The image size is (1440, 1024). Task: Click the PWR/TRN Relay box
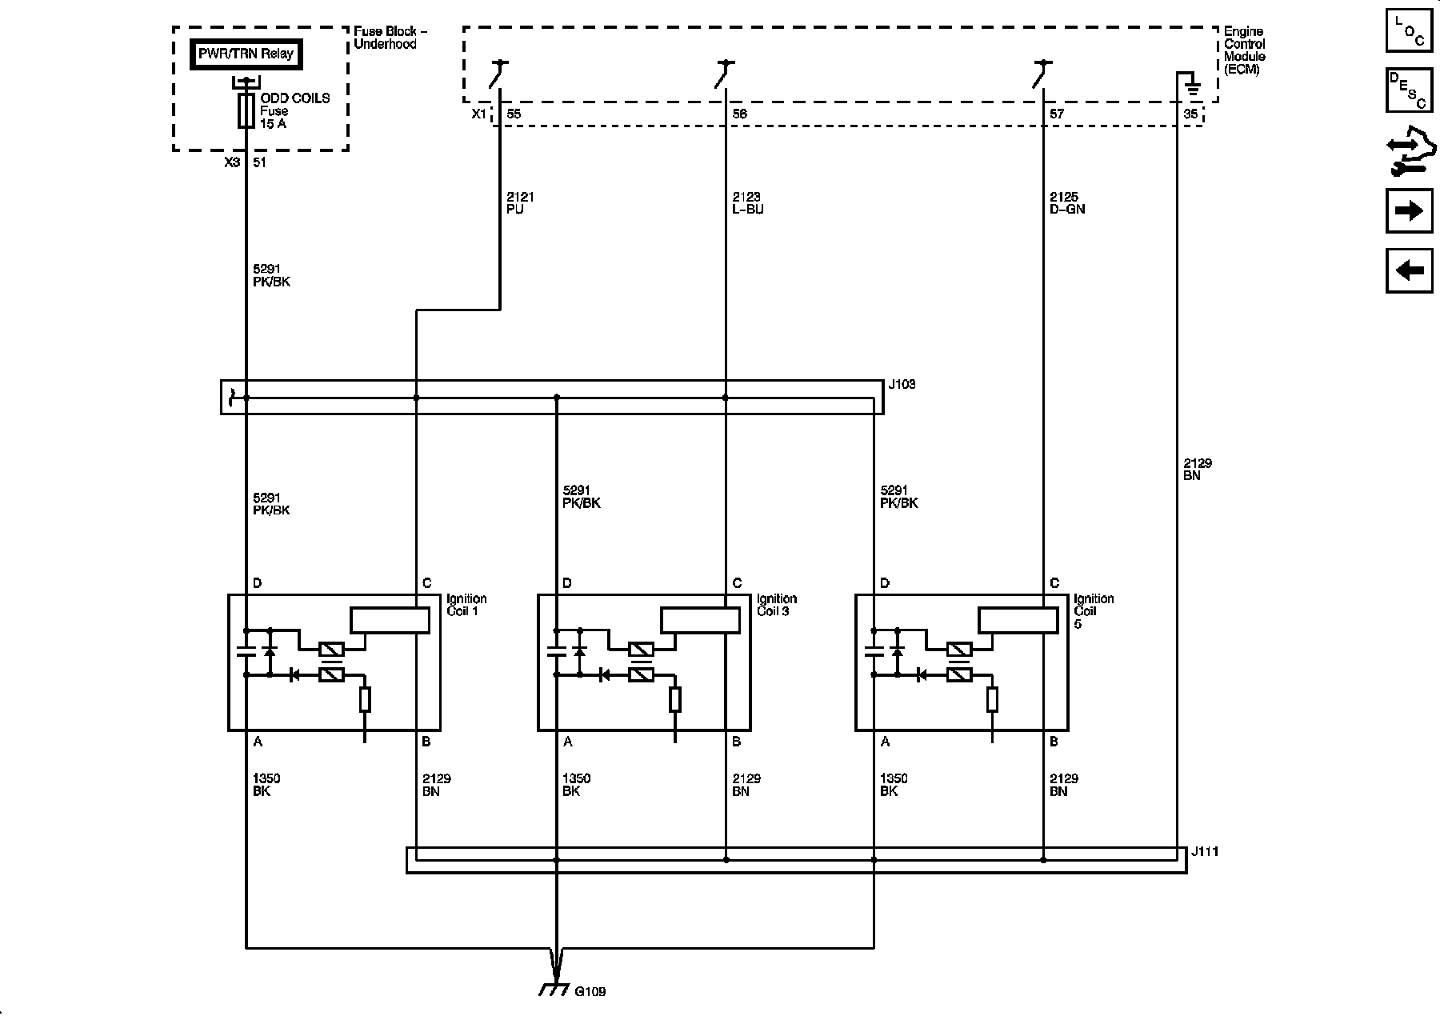[246, 54]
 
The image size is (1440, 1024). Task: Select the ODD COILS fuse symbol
[246, 110]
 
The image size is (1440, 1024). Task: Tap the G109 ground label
[590, 992]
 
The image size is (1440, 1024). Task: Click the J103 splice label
[902, 385]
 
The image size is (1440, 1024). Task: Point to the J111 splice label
[1204, 852]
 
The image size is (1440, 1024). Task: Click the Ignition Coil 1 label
[466, 605]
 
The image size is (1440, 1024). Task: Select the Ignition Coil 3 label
[776, 605]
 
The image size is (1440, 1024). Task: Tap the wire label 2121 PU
[520, 203]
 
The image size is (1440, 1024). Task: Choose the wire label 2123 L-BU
[747, 203]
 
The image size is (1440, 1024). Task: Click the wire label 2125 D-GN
[1067, 203]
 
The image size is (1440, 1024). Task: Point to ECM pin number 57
[1057, 114]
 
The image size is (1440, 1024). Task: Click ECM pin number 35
[1190, 114]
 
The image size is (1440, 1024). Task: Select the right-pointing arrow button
[1409, 210]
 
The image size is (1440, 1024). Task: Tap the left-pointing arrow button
[1409, 270]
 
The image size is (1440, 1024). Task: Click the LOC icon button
[1409, 30]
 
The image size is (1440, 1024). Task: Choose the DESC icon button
[1409, 90]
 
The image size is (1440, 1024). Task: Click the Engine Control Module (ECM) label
[1244, 50]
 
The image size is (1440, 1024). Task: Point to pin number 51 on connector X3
[259, 162]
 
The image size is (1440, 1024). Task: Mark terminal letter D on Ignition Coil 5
[884, 583]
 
